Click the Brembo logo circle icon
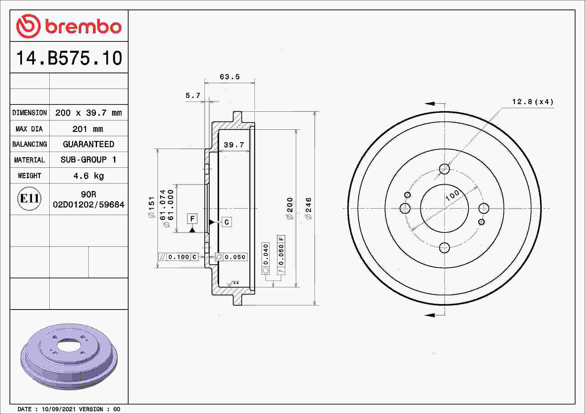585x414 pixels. tap(28, 26)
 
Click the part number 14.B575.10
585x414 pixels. tap(69, 58)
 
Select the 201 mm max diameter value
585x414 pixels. tap(88, 129)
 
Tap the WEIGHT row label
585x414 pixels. tap(29, 176)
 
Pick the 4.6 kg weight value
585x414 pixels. tap(88, 176)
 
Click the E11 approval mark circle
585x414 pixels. tap(29, 198)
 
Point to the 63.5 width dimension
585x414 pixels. tap(230, 77)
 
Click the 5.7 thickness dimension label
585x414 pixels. tap(193, 96)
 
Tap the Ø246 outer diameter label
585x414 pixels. tap(308, 208)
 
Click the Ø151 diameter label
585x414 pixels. tap(152, 207)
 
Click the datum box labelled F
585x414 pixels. tap(192, 219)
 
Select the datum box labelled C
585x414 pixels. tap(227, 222)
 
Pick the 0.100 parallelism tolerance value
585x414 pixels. tap(179, 257)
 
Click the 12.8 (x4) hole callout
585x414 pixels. tap(533, 102)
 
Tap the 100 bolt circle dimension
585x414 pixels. tap(452, 195)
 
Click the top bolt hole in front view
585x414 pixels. tap(444, 169)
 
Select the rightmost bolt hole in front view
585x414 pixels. tap(484, 208)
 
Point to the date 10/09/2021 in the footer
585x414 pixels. tap(59, 409)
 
